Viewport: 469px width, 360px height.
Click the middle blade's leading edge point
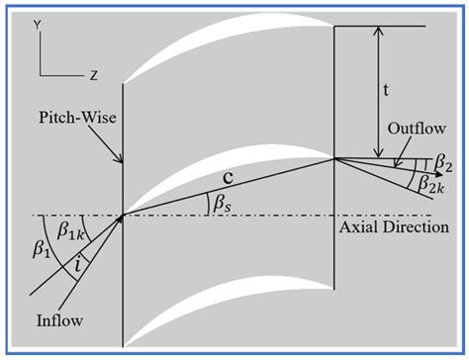pyautogui.click(x=122, y=216)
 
